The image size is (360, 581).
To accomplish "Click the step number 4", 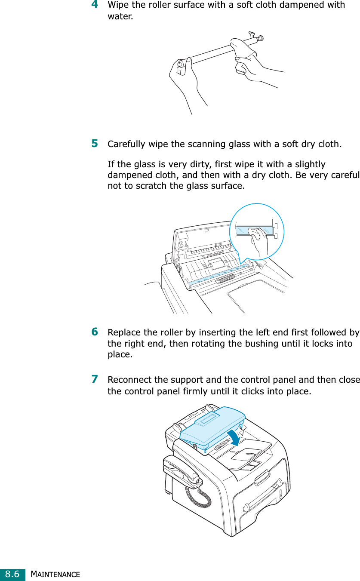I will [94, 5].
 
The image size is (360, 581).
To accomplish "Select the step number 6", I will [94, 332].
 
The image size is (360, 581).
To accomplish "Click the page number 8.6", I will [12, 574].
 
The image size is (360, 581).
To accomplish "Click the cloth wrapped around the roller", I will [244, 50].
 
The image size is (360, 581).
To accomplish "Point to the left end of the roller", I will [181, 64].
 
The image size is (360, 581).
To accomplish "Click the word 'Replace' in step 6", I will [122, 333].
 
